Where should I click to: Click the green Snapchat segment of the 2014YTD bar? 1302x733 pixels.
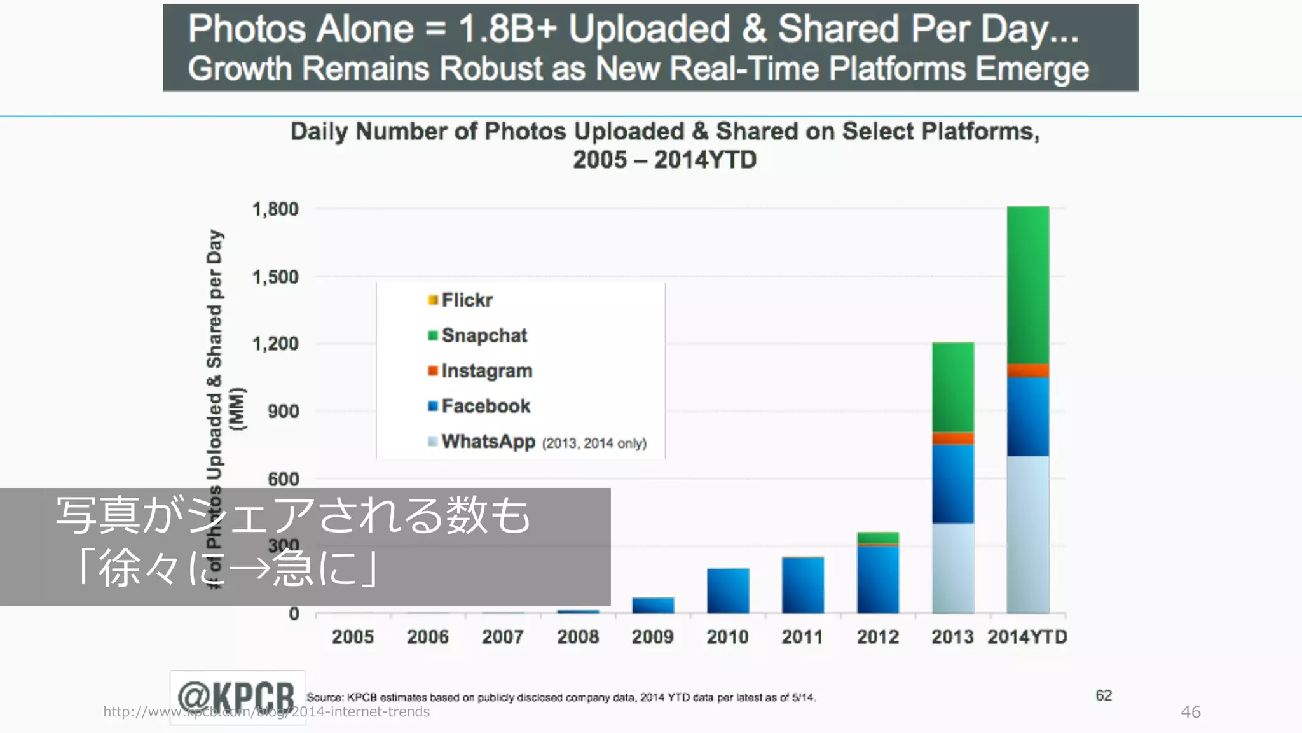pos(1028,284)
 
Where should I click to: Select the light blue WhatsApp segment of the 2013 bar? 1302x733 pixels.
pos(953,568)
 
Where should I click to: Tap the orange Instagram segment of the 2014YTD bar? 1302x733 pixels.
pos(1028,370)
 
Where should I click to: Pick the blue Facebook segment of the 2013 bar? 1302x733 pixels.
pos(953,484)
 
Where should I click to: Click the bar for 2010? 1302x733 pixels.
pos(728,590)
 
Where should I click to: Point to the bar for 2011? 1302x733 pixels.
pos(803,585)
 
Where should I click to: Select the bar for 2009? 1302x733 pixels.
pos(653,605)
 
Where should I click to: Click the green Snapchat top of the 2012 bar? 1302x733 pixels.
pos(878,538)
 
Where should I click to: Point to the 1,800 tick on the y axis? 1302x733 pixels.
pos(275,209)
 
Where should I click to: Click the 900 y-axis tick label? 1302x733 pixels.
pos(284,412)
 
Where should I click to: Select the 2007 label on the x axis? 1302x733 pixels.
pos(503,637)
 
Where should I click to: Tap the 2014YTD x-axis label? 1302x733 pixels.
pos(1027,637)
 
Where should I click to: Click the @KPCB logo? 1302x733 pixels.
pos(237,696)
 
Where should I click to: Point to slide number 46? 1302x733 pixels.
pos(1190,712)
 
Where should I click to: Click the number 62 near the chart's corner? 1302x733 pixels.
pos(1104,695)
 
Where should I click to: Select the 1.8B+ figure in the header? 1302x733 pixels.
pos(507,29)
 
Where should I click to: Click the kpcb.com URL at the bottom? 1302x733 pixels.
pos(266,712)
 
